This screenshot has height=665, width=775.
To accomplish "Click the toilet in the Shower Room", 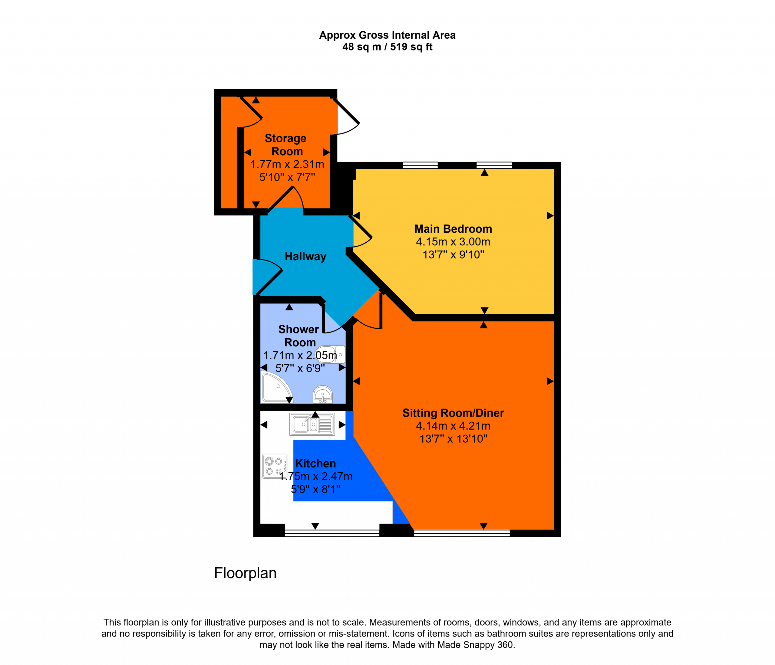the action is click(x=330, y=354).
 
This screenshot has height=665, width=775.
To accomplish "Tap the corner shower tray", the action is click(x=276, y=388).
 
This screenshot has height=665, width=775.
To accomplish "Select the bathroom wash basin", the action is click(x=322, y=395).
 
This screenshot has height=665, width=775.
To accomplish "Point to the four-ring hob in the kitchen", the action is click(x=275, y=466).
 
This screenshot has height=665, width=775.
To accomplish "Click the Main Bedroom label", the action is click(x=453, y=229).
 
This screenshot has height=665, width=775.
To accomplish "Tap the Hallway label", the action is click(x=305, y=257).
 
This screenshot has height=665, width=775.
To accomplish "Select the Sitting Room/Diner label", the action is click(x=453, y=413).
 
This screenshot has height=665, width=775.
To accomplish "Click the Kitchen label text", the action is click(x=315, y=464).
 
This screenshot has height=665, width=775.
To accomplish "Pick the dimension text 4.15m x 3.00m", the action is click(x=453, y=242).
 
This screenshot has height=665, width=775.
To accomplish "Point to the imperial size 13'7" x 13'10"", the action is click(x=453, y=439).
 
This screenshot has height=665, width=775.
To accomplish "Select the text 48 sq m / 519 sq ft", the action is click(x=387, y=47).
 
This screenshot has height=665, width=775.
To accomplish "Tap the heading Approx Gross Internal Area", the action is click(x=387, y=35).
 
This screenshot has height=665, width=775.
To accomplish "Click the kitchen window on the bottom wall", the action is click(x=332, y=533).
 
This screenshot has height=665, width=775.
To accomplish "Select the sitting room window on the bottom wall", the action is click(x=462, y=533).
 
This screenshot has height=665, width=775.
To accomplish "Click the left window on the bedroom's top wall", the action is click(x=420, y=165).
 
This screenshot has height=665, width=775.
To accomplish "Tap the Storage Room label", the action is click(x=286, y=145).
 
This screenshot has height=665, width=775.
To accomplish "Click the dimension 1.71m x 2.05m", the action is click(x=300, y=355).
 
